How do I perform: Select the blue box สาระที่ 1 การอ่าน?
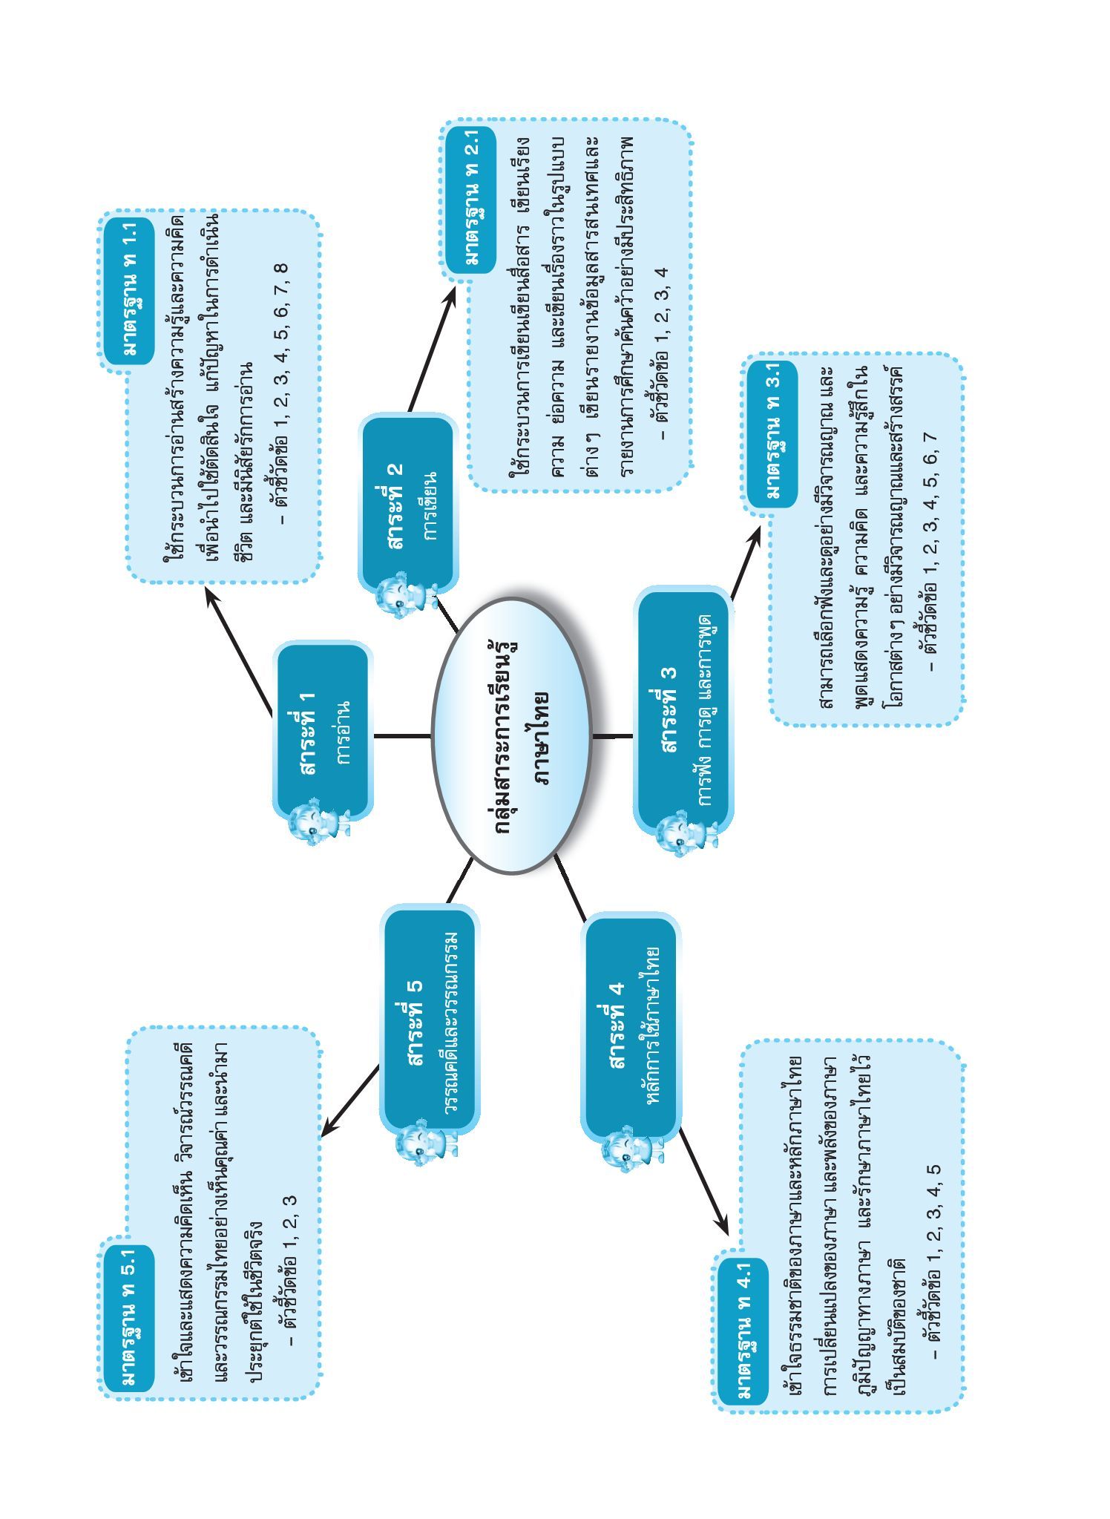(323, 731)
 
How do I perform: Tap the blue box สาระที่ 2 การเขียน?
(408, 504)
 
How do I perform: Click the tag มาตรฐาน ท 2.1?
(470, 200)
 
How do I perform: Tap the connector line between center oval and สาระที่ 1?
(401, 735)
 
